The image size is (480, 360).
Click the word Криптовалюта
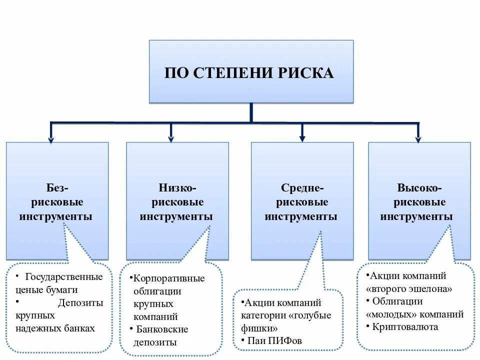(x=405, y=327)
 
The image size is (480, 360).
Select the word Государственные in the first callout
(x=63, y=277)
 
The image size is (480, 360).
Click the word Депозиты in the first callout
(x=80, y=303)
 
